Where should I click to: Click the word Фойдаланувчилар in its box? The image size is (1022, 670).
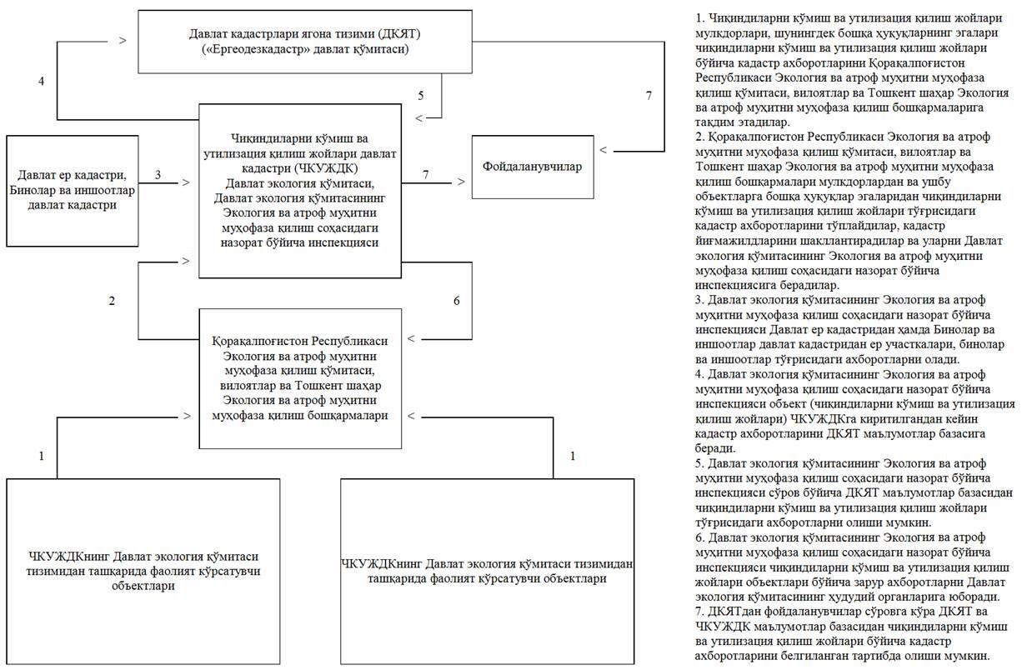click(532, 167)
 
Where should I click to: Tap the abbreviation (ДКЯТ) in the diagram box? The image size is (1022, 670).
click(406, 33)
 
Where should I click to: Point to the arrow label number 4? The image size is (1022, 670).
click(41, 81)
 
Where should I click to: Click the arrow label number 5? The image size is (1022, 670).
click(420, 96)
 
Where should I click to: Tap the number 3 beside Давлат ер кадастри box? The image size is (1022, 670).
click(158, 175)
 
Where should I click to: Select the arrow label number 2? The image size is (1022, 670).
click(112, 300)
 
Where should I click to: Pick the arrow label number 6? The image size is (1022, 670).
click(456, 301)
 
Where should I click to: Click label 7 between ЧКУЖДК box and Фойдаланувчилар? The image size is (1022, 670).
click(425, 174)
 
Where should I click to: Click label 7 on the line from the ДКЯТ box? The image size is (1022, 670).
click(649, 96)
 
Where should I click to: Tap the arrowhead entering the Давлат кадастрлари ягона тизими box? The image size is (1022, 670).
click(123, 40)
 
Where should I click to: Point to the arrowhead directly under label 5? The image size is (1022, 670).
click(418, 117)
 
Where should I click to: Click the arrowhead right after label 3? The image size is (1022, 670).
click(185, 180)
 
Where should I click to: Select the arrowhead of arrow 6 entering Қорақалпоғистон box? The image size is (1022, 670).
click(412, 338)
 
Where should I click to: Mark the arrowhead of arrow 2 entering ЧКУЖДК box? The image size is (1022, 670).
click(185, 261)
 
